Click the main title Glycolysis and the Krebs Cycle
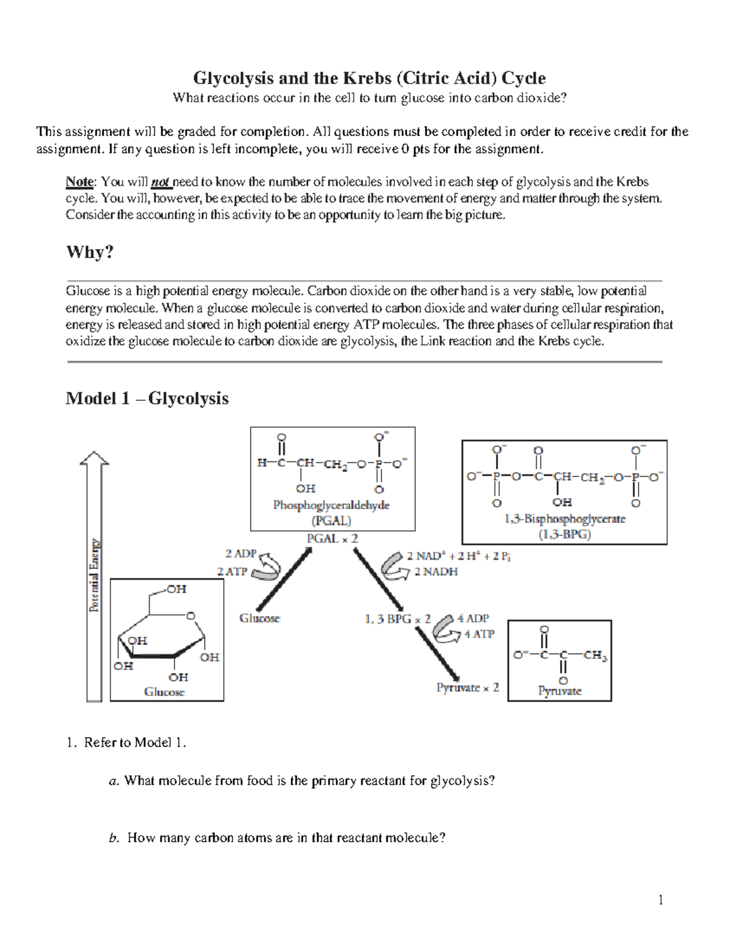(369, 78)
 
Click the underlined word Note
(79, 182)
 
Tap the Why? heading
(90, 252)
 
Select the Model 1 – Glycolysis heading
(147, 398)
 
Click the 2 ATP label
(232, 571)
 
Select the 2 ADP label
(240, 554)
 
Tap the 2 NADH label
(435, 572)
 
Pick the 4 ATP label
(479, 634)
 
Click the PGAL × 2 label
(332, 538)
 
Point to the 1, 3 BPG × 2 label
(397, 619)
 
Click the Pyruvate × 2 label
(467, 688)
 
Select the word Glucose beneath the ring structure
(164, 691)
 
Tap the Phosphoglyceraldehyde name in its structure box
(331, 506)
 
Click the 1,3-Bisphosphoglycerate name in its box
(564, 519)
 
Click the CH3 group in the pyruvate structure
(595, 656)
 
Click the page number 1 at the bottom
(661, 900)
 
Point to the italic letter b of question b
(112, 838)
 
